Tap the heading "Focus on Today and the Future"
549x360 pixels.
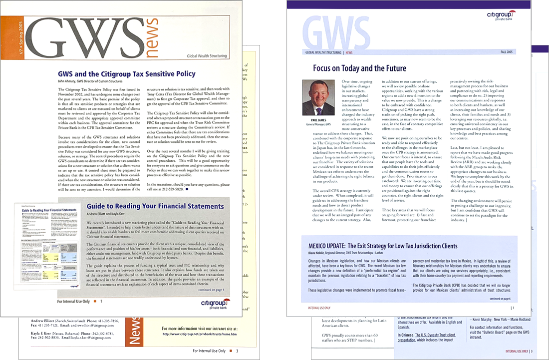tap(359, 68)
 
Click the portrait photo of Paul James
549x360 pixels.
tap(319, 98)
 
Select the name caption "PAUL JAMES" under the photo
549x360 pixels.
tap(319, 120)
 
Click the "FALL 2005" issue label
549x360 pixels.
tap(507, 52)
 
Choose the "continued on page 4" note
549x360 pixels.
tap(212, 290)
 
